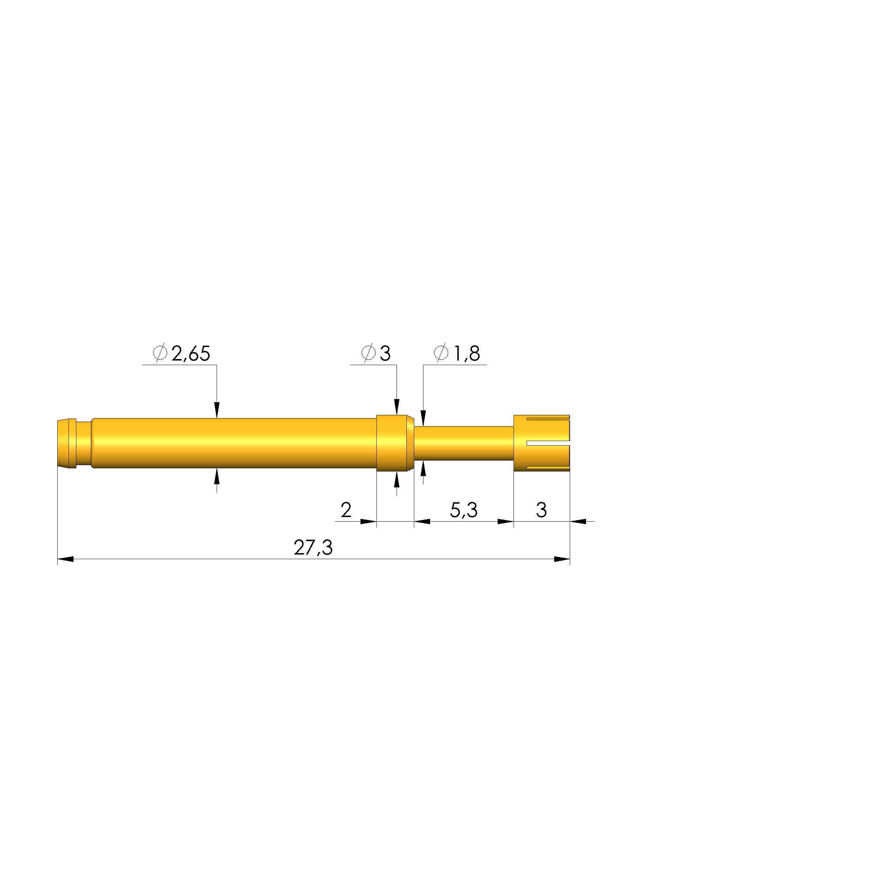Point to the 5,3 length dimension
click(x=464, y=510)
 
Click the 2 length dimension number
click(x=346, y=510)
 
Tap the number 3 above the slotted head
click(x=541, y=510)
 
